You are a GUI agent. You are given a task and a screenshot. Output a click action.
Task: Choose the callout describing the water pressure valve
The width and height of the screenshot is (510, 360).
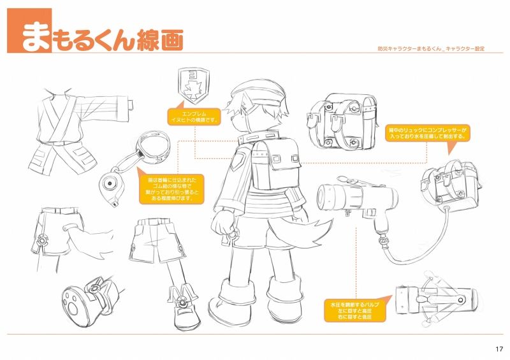(354, 310)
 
